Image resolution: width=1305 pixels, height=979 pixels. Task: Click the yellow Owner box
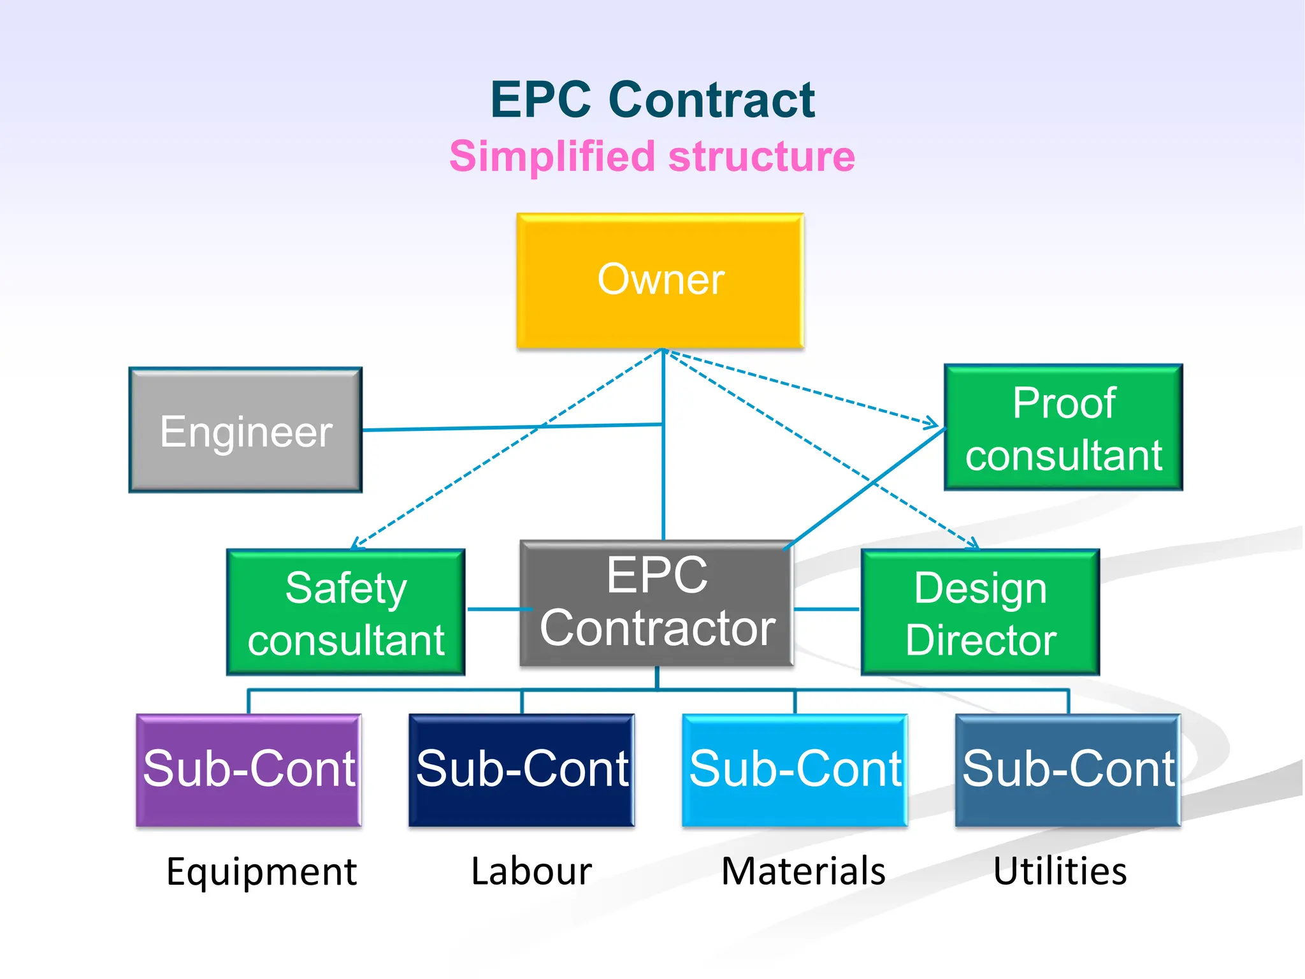click(660, 280)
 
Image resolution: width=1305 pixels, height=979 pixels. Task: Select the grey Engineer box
click(245, 430)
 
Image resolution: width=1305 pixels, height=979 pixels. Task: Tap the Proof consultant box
click(1063, 428)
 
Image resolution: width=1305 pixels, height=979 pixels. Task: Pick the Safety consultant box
click(345, 613)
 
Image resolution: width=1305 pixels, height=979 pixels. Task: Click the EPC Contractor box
click(656, 603)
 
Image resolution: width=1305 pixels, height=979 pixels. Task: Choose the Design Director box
click(980, 613)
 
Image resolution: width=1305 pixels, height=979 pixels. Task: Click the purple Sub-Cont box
click(249, 770)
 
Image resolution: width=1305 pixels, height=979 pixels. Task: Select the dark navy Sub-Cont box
click(521, 770)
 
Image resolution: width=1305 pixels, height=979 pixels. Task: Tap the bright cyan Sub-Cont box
click(795, 770)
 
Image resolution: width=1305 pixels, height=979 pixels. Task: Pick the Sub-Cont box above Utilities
click(1068, 770)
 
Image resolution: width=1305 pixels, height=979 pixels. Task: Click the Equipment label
click(261, 871)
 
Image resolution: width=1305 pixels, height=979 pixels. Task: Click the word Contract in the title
click(711, 100)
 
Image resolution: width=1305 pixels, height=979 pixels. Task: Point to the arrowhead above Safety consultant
click(356, 544)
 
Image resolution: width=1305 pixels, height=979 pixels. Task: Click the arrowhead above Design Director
click(972, 544)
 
